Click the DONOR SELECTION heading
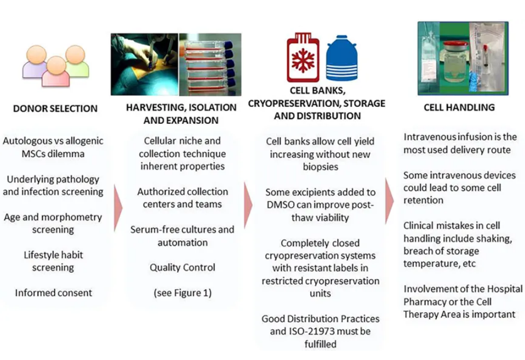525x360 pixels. (55, 108)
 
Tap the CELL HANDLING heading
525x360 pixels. (459, 107)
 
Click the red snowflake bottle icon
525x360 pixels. (303, 58)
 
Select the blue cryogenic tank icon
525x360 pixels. (341, 58)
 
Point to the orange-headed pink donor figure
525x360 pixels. (56, 71)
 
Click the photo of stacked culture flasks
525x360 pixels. (210, 64)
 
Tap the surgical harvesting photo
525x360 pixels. (144, 64)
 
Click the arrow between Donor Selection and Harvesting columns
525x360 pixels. (118, 208)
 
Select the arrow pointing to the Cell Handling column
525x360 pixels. (389, 201)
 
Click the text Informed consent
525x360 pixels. (54, 293)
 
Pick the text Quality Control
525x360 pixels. (182, 267)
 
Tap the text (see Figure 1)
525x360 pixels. (182, 293)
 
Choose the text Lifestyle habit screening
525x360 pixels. (53, 261)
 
